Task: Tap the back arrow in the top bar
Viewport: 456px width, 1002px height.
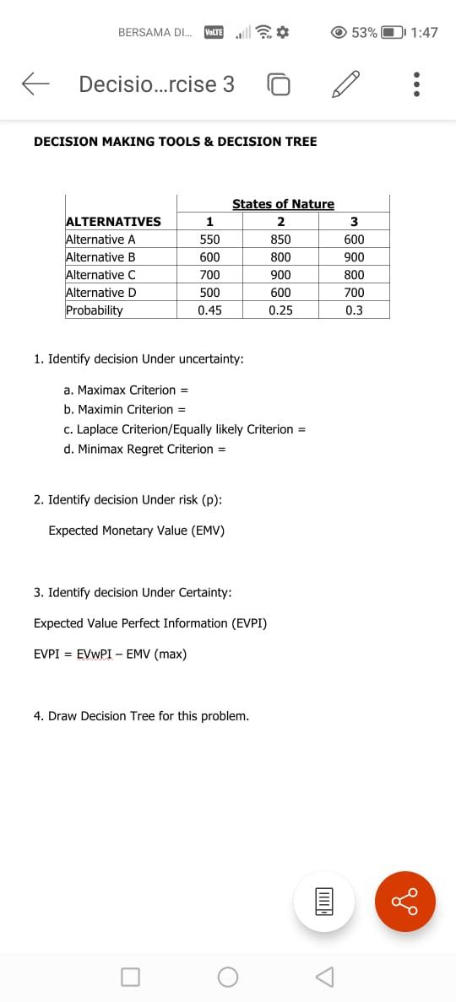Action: [x=35, y=83]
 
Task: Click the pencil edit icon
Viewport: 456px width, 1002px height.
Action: [x=346, y=84]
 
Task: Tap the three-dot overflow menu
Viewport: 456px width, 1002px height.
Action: [x=415, y=84]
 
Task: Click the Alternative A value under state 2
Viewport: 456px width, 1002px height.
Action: [x=280, y=240]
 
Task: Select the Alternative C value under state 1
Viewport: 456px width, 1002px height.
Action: [x=209, y=275]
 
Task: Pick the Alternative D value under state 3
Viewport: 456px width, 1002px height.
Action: [x=354, y=293]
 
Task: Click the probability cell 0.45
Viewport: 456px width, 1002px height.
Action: [x=209, y=310]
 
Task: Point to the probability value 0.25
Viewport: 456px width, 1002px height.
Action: [x=280, y=310]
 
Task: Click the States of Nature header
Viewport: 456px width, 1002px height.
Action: [x=283, y=204]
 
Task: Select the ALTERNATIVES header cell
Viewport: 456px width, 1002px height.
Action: [x=113, y=222]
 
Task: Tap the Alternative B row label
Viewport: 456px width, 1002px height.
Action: [x=100, y=257]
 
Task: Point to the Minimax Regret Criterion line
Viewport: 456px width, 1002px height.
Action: [x=145, y=449]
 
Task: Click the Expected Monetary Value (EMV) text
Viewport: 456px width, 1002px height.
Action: [x=136, y=531]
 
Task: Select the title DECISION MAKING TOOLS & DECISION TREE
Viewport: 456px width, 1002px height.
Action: [x=175, y=142]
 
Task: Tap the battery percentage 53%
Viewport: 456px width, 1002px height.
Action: [x=364, y=33]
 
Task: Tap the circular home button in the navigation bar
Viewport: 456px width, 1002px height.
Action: [x=227, y=977]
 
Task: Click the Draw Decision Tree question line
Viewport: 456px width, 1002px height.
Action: [x=141, y=716]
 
